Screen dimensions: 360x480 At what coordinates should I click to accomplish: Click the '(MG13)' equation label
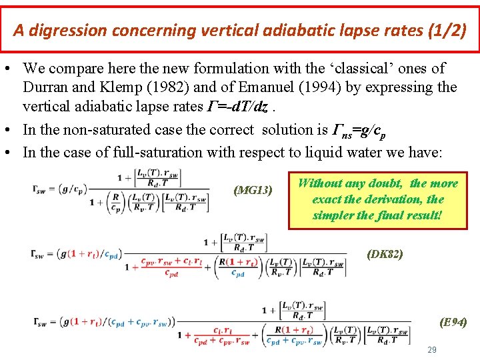click(253, 191)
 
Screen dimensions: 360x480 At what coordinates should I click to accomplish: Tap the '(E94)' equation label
click(453, 323)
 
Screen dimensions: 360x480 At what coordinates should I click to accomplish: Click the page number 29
click(431, 350)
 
